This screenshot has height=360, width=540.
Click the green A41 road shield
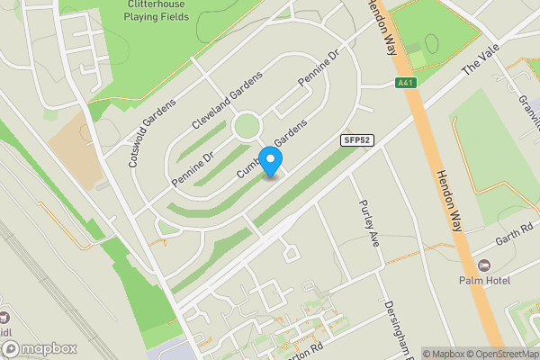[x=407, y=83]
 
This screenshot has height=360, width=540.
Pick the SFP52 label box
[x=357, y=140]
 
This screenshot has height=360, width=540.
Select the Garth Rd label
[x=514, y=237]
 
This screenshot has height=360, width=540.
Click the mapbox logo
[x=38, y=348]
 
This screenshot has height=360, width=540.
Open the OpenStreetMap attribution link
[x=500, y=354]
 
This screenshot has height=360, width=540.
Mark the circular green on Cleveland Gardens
[x=247, y=126]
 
